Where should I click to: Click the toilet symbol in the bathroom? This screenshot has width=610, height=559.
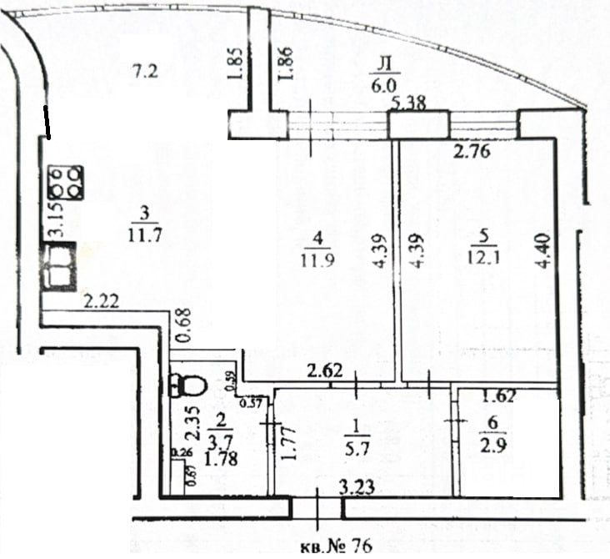187,385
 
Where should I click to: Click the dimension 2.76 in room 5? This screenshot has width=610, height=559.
469,152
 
